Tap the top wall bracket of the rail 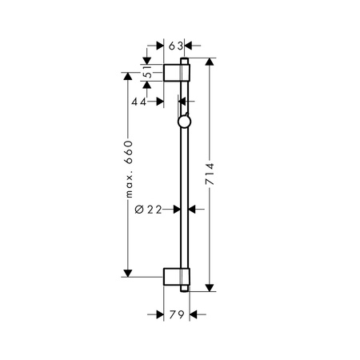[x=175, y=71]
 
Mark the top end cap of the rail [x=186, y=60]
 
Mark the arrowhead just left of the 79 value [x=160, y=314]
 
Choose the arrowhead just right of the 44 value [x=161, y=102]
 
